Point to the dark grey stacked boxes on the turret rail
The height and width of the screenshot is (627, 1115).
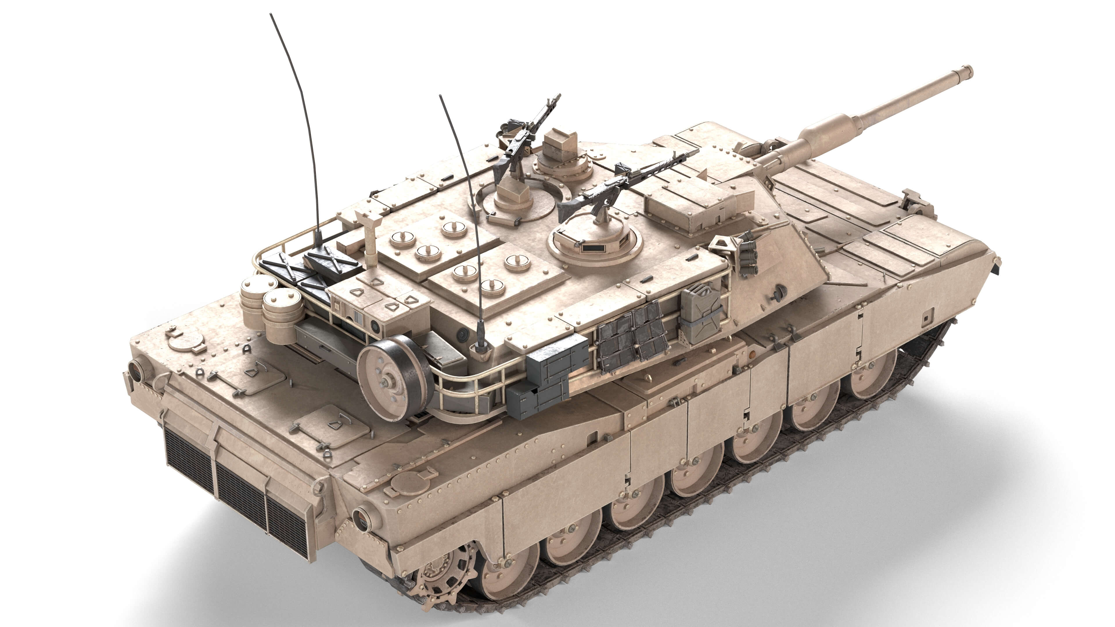point(548,376)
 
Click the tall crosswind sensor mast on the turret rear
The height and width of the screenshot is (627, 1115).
point(371,238)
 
